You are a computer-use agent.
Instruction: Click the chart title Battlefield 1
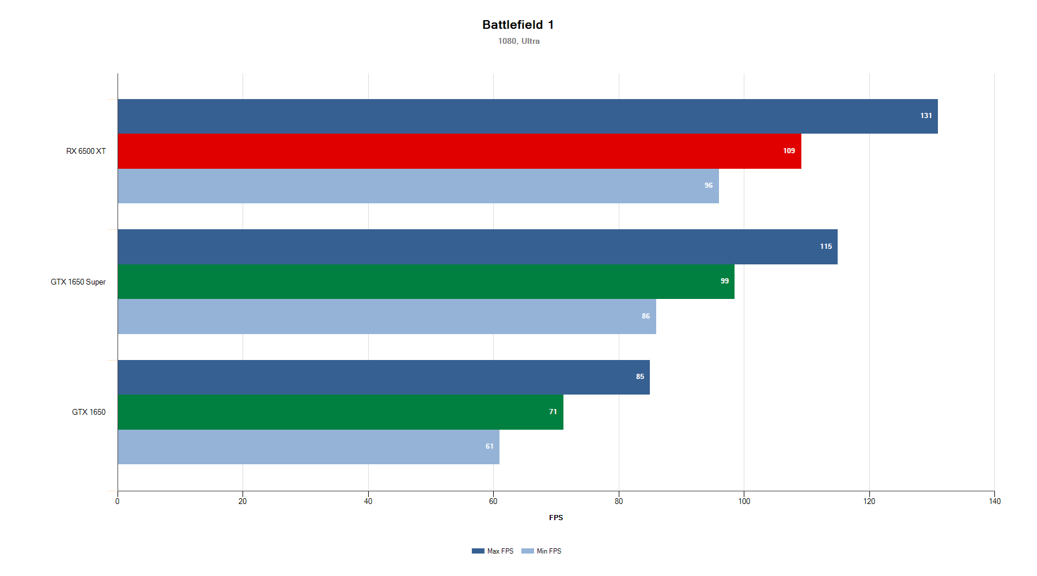click(x=518, y=25)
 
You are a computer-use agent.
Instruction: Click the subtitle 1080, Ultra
click(x=518, y=41)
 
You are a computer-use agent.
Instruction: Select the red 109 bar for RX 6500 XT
click(x=459, y=151)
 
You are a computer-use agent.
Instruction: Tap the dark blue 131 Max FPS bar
click(x=527, y=116)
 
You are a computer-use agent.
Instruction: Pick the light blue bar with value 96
click(x=418, y=185)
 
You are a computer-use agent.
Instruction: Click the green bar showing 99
click(x=426, y=281)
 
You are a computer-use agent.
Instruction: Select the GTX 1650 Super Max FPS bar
click(x=478, y=247)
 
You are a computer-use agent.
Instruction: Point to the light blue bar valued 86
click(x=387, y=316)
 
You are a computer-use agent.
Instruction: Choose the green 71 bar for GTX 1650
click(x=340, y=412)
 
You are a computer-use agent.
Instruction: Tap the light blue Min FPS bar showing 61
click(x=308, y=446)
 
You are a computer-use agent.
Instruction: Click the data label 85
click(x=640, y=377)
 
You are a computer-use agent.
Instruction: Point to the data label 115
click(x=826, y=247)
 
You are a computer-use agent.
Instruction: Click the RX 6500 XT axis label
click(x=86, y=151)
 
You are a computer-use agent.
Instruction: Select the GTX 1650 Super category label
click(x=78, y=282)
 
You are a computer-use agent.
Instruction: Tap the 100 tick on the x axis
click(x=744, y=501)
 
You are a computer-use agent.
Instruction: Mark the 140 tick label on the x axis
click(x=994, y=501)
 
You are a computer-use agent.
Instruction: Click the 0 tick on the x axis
click(x=118, y=501)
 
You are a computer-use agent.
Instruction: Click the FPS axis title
click(x=556, y=517)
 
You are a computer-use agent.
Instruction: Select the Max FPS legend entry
click(x=493, y=551)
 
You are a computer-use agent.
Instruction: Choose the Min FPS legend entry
click(x=542, y=551)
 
